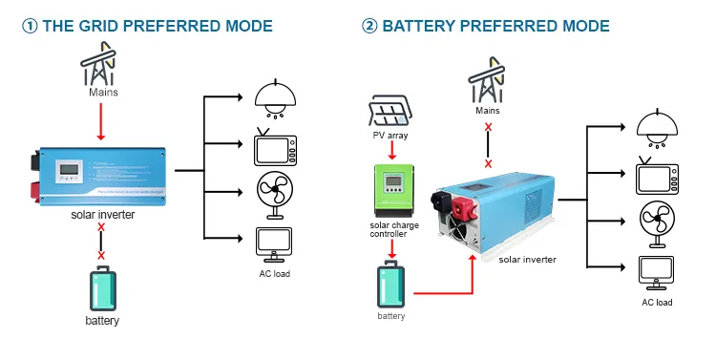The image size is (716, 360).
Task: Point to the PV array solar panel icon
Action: click(x=390, y=113)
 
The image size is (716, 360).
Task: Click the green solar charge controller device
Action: click(x=390, y=190)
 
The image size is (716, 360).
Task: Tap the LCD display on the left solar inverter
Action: click(x=69, y=173)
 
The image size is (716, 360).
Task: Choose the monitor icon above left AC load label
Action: click(x=274, y=244)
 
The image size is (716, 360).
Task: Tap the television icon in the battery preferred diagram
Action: click(x=656, y=178)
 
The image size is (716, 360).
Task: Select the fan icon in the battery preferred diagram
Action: click(x=656, y=223)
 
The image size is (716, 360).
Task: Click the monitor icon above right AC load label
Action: click(x=656, y=271)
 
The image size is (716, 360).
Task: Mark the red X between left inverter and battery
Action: click(x=101, y=255)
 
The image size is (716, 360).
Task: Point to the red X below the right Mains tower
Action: click(x=488, y=127)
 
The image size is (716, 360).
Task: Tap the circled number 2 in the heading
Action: click(x=369, y=26)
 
